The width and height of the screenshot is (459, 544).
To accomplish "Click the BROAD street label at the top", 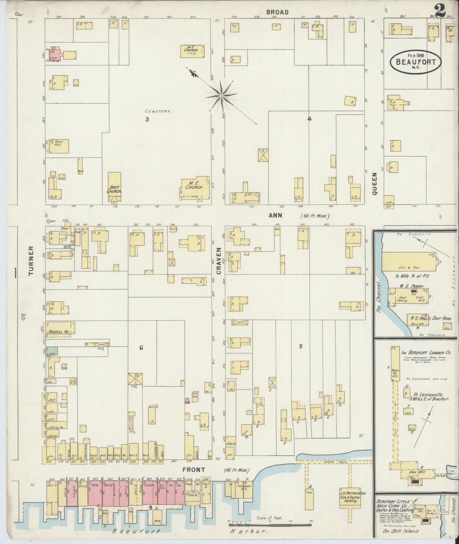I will (x=277, y=12).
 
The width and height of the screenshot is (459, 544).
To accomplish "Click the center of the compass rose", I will (x=221, y=96).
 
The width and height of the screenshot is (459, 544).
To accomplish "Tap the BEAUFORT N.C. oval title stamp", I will (x=415, y=62).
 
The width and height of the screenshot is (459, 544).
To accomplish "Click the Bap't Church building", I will (x=114, y=188).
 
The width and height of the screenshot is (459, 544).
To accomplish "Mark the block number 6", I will (x=141, y=348).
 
